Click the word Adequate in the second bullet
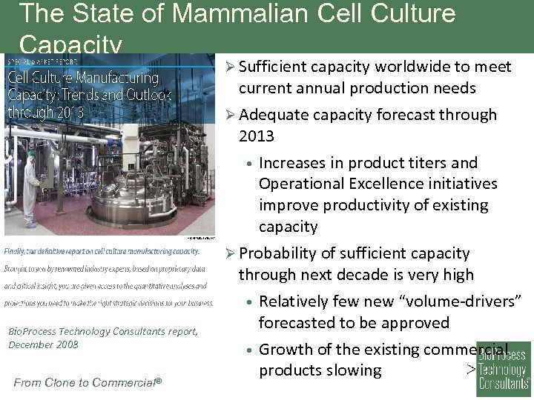pos(274,115)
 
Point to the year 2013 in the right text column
pos(257,136)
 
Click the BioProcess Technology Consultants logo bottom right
pos(504,366)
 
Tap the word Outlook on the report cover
pos(146,95)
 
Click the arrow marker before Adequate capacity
pos(230,115)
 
